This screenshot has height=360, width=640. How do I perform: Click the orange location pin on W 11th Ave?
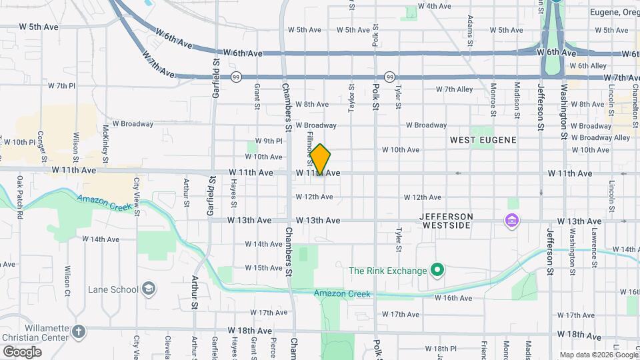(321, 159)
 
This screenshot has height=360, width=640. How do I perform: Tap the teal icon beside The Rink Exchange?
(437, 271)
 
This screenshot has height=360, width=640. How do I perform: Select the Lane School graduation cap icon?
(149, 289)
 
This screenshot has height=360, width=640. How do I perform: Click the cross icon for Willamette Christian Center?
(79, 331)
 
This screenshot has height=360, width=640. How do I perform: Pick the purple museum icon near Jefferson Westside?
(512, 220)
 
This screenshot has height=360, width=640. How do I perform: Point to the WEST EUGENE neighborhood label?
(483, 140)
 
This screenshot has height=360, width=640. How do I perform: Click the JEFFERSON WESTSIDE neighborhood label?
(447, 221)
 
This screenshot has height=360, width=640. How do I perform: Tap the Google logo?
(22, 351)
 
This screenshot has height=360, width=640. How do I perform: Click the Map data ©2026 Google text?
(598, 355)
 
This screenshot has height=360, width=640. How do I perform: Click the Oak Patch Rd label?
(21, 197)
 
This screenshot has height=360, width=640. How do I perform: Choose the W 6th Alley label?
(588, 66)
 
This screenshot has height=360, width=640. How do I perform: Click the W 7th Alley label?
(454, 89)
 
